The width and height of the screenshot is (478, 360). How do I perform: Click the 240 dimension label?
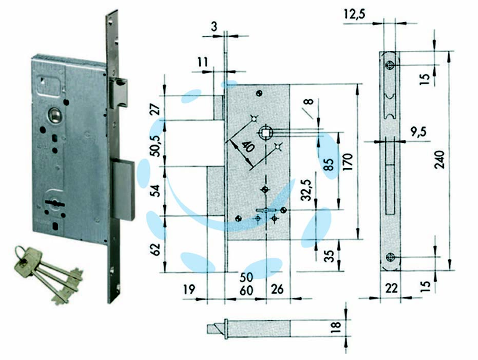(440, 159)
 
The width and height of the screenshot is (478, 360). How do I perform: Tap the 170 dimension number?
(348, 162)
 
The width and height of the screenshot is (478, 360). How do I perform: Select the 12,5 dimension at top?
(354, 14)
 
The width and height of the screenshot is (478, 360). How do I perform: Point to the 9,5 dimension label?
(419, 132)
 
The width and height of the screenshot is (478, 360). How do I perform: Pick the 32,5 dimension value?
(306, 190)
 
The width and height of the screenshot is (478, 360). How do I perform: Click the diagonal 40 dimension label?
(248, 147)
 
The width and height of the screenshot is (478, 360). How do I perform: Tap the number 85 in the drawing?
(329, 164)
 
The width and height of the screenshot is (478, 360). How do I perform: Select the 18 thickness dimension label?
(336, 327)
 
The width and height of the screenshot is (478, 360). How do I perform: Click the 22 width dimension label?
(391, 288)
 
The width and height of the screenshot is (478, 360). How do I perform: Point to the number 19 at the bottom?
(189, 289)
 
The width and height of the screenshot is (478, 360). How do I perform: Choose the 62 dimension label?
(155, 249)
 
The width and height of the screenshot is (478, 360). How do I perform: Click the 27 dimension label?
(156, 109)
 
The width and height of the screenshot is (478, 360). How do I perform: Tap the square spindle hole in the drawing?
(265, 132)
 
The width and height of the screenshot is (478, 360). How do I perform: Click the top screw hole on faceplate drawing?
(390, 65)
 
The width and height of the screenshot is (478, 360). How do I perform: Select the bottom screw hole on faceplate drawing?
(390, 257)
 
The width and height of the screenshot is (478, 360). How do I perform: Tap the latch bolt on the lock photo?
(118, 93)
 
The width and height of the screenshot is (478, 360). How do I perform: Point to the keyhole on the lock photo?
(54, 202)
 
